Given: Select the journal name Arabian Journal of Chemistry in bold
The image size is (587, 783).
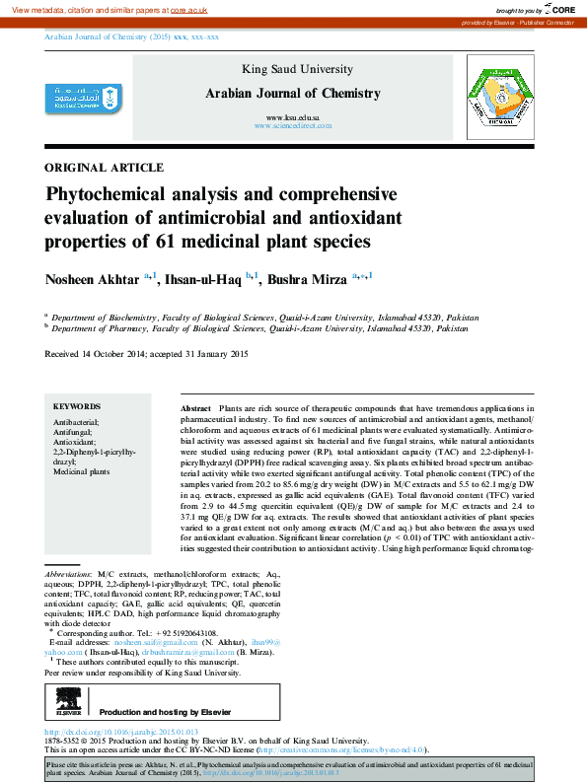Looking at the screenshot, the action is coord(291,94).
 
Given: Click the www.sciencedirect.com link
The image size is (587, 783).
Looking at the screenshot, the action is coord(292,127).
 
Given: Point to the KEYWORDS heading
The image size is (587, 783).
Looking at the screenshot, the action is coord(77,406).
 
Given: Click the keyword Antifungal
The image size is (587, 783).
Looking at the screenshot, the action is coord(74,431).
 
